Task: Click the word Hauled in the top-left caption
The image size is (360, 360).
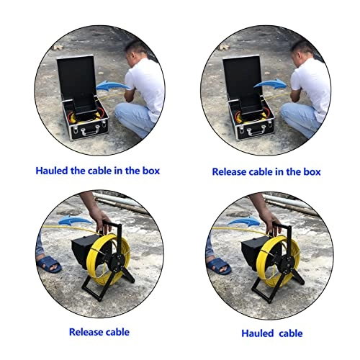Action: click(52, 171)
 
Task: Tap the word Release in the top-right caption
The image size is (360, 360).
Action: click(229, 172)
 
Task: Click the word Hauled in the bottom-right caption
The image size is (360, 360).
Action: click(258, 333)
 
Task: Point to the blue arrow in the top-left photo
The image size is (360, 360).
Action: click(113, 86)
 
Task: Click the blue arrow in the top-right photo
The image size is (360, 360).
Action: click(270, 84)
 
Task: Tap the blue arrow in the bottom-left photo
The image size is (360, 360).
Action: click(75, 220)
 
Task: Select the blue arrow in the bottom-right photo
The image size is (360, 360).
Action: click(243, 221)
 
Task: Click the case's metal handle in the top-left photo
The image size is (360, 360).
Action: click(90, 130)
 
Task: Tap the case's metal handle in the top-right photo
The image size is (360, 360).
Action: click(256, 130)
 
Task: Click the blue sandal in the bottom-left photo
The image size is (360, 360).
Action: click(49, 264)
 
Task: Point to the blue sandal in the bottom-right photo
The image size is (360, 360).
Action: click(219, 266)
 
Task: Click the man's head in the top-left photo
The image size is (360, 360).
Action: click(135, 53)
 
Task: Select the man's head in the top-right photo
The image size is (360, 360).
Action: click(302, 53)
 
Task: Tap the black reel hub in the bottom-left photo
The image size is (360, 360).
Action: click(118, 262)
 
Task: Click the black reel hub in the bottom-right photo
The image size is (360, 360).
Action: click(288, 264)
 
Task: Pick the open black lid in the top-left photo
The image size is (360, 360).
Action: click(76, 77)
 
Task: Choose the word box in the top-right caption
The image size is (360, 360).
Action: click(312, 172)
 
